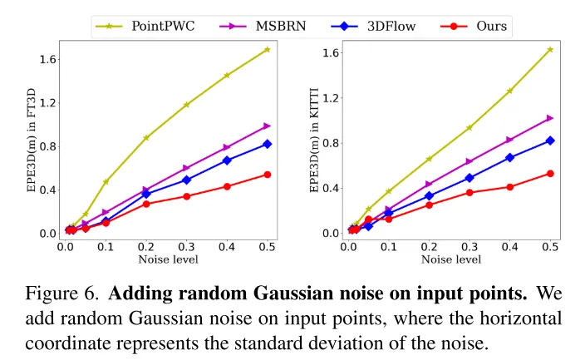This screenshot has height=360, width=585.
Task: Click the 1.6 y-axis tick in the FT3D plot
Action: (x=47, y=60)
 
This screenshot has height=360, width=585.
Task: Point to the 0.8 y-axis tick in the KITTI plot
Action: (x=331, y=143)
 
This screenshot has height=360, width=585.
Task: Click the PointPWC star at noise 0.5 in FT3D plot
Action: (x=267, y=50)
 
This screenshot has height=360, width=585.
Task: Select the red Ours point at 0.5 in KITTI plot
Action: (x=550, y=174)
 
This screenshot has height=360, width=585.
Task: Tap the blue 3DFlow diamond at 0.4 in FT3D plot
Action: (x=227, y=160)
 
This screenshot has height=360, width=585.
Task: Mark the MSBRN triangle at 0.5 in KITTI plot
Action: (x=550, y=118)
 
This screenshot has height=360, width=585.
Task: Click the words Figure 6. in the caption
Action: (x=63, y=293)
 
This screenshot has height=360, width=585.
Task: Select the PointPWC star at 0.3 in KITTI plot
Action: (x=469, y=128)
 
